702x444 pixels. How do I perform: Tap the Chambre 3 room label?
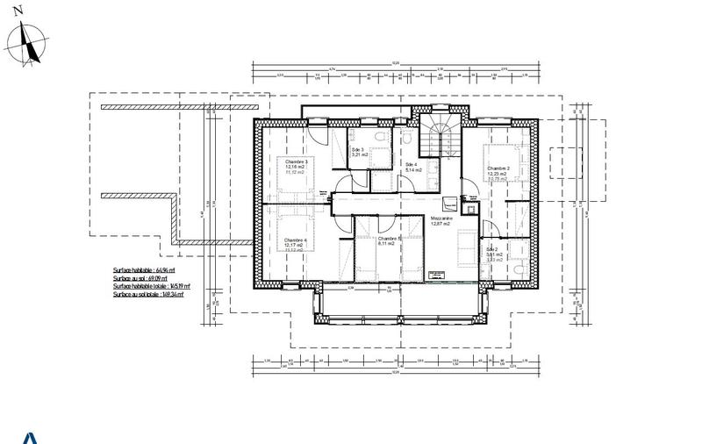coord(296,161)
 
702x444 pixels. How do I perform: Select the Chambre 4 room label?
coord(296,240)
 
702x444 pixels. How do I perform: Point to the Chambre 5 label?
coord(388,239)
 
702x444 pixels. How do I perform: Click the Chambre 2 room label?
coord(498,168)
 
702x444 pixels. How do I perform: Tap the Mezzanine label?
coord(441,218)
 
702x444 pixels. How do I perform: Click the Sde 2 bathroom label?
coord(494,249)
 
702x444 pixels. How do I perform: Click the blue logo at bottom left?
coord(29,438)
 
